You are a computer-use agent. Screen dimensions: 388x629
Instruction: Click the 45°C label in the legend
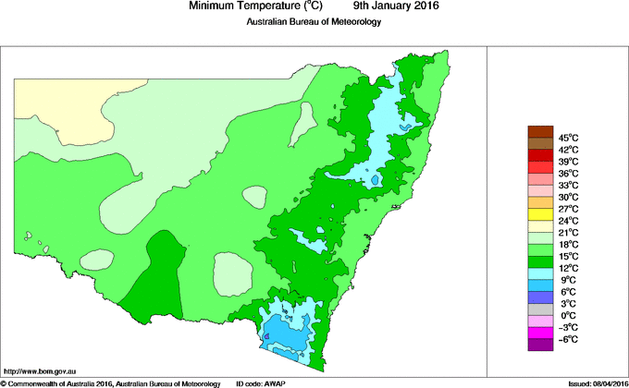[569, 138]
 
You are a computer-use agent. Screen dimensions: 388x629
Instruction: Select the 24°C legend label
[569, 221]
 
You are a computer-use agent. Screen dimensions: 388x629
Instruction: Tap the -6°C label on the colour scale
[569, 339]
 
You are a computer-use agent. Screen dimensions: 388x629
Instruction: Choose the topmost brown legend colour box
[540, 131]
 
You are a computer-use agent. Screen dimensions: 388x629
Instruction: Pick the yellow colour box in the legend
[540, 214]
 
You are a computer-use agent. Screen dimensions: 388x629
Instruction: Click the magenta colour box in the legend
[540, 333]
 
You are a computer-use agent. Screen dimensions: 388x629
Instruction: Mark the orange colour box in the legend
[540, 202]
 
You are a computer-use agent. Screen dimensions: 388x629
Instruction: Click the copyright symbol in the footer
[4, 382]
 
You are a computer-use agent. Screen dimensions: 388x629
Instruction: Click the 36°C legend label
[569, 173]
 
